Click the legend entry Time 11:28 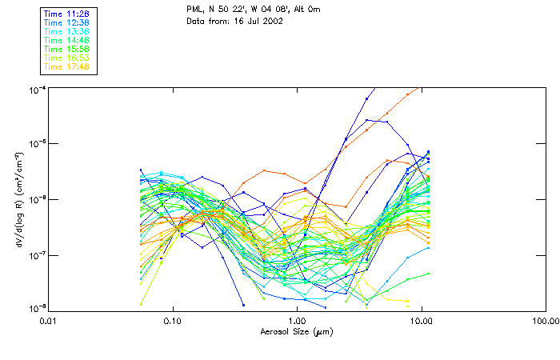(x=66, y=14)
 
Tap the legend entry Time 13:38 (x=66, y=31)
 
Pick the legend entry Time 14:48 (x=66, y=40)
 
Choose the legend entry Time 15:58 (x=66, y=49)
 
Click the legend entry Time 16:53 (x=66, y=58)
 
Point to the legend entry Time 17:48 (x=66, y=66)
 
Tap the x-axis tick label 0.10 (x=173, y=320)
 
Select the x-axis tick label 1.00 (x=297, y=320)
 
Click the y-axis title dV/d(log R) (x=17, y=198)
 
